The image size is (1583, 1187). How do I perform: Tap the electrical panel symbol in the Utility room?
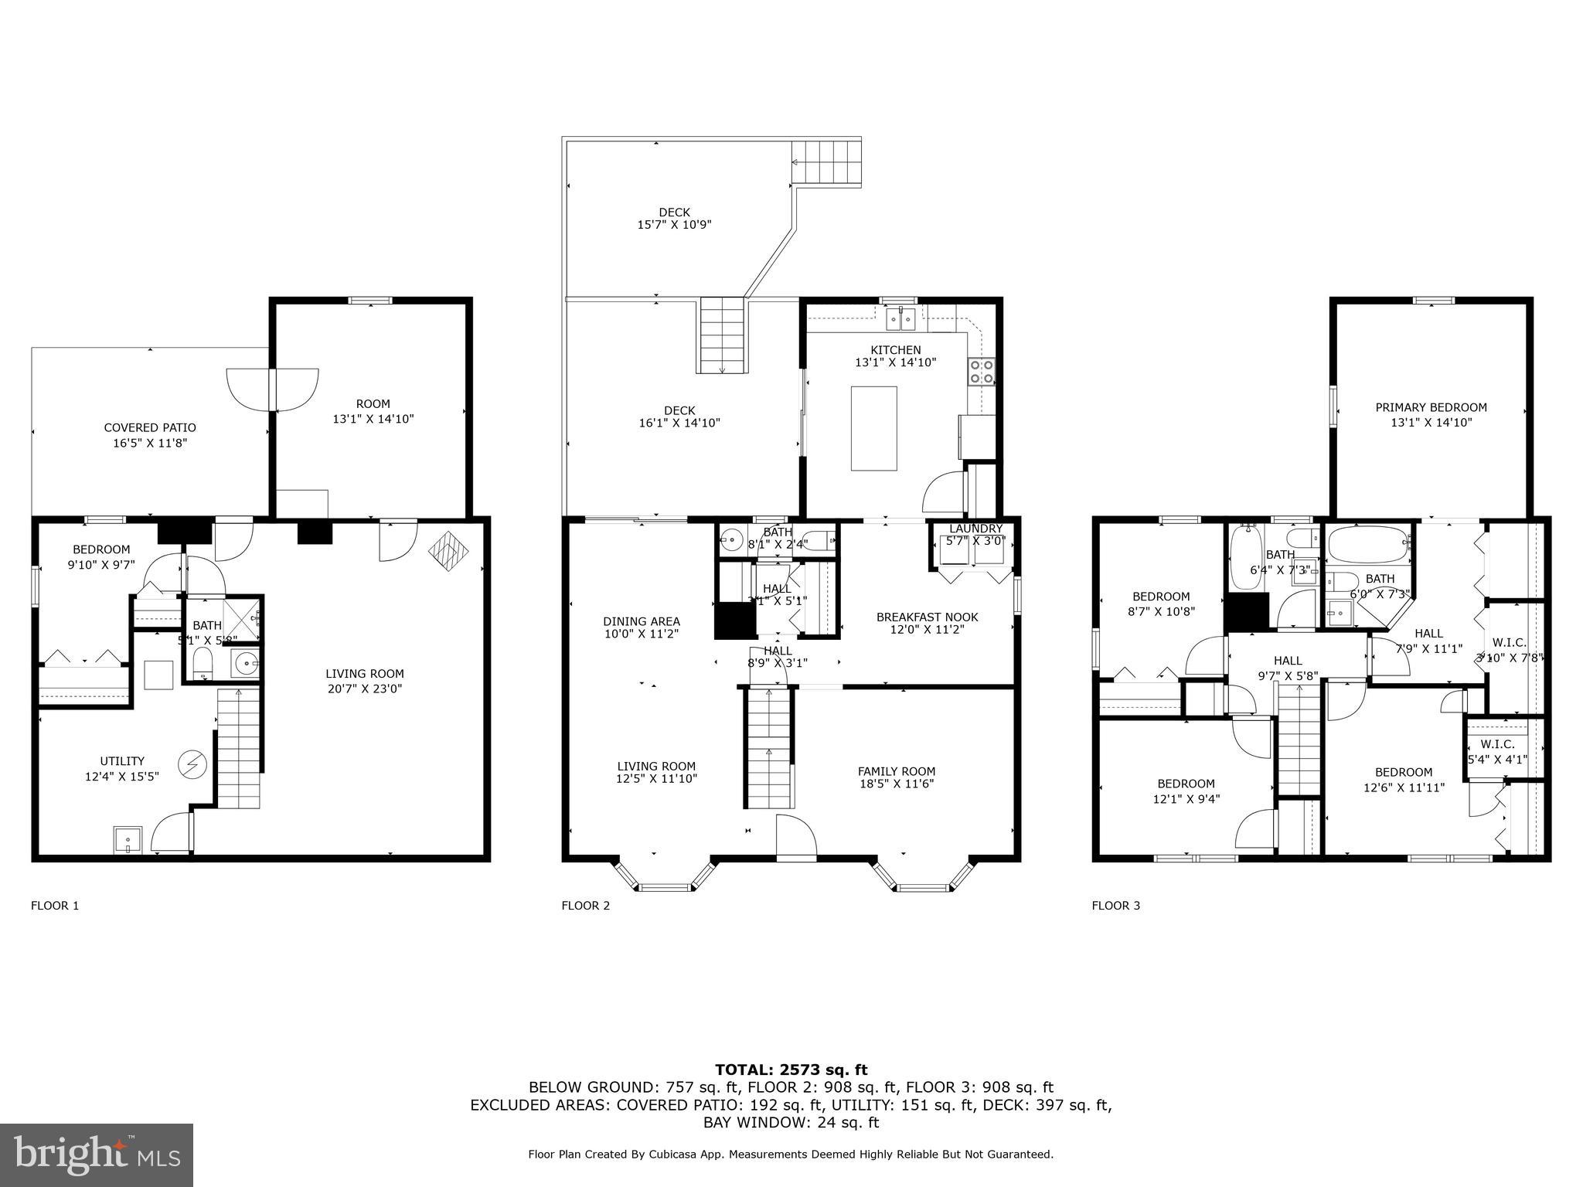click(x=191, y=764)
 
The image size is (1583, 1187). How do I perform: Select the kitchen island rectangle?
click(x=873, y=428)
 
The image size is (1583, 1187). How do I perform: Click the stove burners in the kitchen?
click(x=982, y=372)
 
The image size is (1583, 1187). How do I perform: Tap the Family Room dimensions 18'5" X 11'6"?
click(x=897, y=784)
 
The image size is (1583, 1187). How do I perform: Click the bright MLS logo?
click(x=96, y=1155)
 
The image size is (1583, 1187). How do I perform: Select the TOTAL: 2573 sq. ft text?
click(x=791, y=1070)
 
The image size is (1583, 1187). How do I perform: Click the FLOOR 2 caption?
click(x=585, y=905)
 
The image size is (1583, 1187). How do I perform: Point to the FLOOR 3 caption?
click(x=1115, y=905)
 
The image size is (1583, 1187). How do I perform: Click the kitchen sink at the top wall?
click(x=900, y=318)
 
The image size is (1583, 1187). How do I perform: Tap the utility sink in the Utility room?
click(x=128, y=838)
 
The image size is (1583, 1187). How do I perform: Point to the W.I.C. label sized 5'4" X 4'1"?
click(x=1497, y=751)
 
